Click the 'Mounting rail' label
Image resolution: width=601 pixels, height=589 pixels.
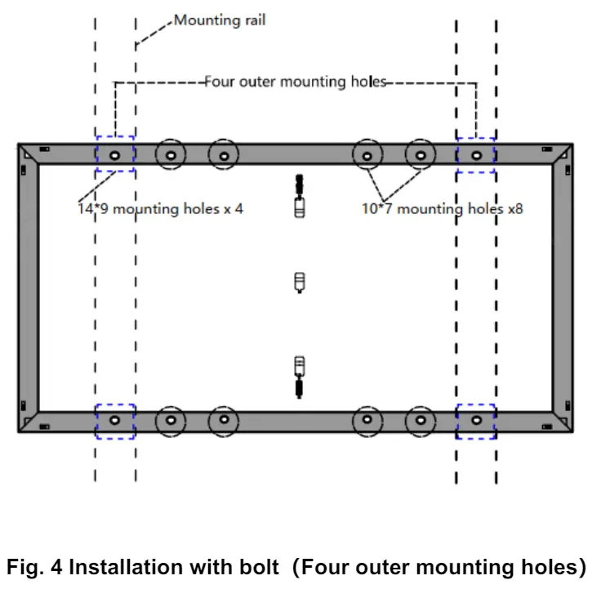tap(220, 20)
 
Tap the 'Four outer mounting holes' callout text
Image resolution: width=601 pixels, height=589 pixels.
tap(296, 82)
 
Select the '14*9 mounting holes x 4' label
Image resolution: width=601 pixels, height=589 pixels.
tap(160, 209)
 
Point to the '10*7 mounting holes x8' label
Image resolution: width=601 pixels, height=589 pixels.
tap(443, 209)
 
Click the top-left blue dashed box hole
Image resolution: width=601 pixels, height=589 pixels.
tap(114, 155)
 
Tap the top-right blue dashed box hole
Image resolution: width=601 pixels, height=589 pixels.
tap(476, 156)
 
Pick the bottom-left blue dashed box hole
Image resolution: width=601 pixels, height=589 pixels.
tap(114, 420)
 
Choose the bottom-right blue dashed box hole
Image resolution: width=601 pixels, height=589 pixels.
tap(476, 420)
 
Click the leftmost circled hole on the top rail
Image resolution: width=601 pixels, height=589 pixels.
tap(171, 155)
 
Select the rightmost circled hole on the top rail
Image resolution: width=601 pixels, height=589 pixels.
tap(421, 155)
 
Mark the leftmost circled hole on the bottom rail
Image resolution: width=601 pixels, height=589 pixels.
tap(171, 421)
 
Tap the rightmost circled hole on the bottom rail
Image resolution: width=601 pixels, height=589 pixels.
tap(421, 421)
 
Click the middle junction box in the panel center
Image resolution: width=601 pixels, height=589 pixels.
tap(300, 283)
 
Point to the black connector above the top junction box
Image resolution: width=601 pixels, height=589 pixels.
tap(300, 185)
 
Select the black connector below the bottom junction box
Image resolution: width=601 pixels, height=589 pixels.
tap(300, 387)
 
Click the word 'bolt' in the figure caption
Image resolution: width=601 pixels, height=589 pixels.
tap(260, 567)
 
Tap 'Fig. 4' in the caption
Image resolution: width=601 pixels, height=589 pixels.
tap(34, 567)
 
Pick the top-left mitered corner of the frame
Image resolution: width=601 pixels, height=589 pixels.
tap(29, 154)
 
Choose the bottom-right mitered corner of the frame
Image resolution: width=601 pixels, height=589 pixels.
tap(563, 422)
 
